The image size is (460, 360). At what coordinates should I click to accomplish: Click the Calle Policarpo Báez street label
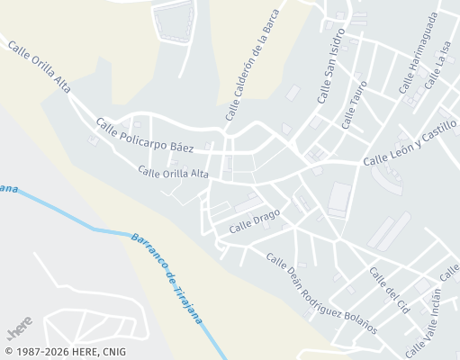145,133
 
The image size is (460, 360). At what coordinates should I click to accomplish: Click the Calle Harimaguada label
419,53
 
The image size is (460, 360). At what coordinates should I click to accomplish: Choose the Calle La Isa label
437,66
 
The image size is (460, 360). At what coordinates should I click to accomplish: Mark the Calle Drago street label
254,220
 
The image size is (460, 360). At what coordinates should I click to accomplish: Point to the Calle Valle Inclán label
423,321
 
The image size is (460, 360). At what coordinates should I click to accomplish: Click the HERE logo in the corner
20,321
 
